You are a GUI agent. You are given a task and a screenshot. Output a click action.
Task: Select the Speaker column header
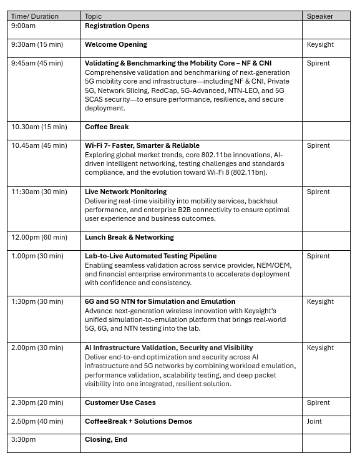(319, 16)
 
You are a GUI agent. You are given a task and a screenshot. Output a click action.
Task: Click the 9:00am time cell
(23, 26)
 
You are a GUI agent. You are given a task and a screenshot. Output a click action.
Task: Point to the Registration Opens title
(117, 26)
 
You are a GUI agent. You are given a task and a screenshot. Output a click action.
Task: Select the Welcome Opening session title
(116, 45)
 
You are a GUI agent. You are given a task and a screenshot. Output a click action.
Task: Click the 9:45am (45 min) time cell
(37, 63)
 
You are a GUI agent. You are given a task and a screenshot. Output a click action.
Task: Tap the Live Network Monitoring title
(126, 192)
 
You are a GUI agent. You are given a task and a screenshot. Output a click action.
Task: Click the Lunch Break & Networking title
(129, 237)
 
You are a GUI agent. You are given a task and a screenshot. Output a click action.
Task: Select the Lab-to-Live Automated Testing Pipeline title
(151, 256)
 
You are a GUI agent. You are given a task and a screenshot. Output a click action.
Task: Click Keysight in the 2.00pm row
(320, 348)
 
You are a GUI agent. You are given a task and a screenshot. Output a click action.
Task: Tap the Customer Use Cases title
(120, 402)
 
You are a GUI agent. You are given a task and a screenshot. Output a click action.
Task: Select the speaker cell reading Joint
(314, 421)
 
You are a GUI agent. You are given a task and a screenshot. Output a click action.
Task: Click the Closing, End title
(106, 439)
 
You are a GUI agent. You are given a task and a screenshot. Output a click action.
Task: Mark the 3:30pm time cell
(24, 439)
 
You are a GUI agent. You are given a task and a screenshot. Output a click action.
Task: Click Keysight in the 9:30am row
(320, 45)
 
